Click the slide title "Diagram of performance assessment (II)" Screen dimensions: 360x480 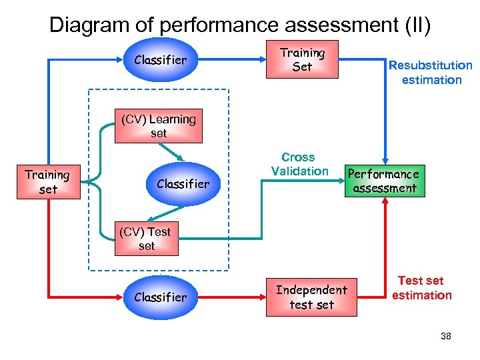240,25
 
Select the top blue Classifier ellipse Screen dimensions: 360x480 160,60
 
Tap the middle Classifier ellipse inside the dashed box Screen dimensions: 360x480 183,183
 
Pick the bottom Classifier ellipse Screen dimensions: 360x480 160,297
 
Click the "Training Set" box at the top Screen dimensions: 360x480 302,60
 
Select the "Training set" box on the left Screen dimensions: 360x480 47,182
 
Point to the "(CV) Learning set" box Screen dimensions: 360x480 158,127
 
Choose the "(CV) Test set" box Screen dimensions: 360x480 146,239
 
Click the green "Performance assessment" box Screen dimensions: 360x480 385,181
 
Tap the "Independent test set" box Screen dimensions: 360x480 311,297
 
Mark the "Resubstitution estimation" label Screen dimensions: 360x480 431,73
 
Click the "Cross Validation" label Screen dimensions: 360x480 298,164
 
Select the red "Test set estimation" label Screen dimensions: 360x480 421,288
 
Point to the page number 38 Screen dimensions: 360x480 446,336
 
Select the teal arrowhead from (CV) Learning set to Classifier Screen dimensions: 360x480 179,158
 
